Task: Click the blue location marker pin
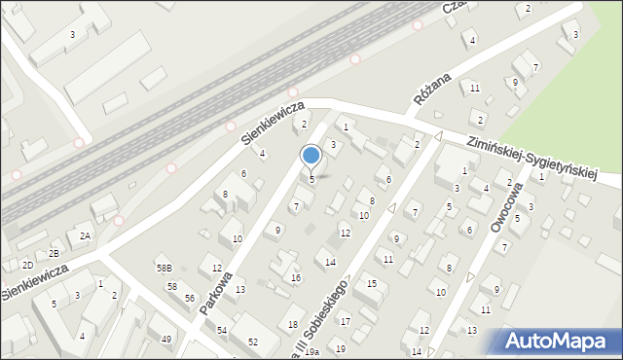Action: (x=311, y=156)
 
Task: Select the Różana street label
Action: (x=430, y=87)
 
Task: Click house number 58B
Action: (x=164, y=268)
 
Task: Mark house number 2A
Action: (x=86, y=236)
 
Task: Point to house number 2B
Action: (x=55, y=254)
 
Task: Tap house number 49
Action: (x=166, y=339)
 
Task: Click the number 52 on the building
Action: (x=253, y=342)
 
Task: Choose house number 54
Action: (x=222, y=331)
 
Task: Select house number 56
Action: (x=190, y=298)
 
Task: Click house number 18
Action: (x=292, y=324)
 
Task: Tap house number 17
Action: (x=344, y=320)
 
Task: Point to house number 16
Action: (x=296, y=278)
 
